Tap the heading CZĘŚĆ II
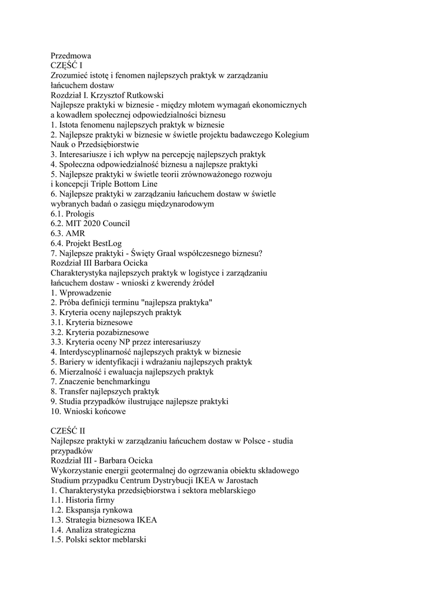pyautogui.click(x=68, y=430)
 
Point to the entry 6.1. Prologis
pyautogui.click(x=72, y=214)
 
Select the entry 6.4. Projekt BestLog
pyautogui.click(x=86, y=243)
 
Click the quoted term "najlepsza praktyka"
pyautogui.click(x=172, y=303)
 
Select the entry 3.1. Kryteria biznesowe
pyautogui.click(x=91, y=323)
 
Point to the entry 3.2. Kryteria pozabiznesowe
pyautogui.click(x=99, y=332)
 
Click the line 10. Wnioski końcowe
pyautogui.click(x=88, y=412)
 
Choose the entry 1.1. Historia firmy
pyautogui.click(x=82, y=500)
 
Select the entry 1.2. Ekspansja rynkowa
pyautogui.click(x=91, y=510)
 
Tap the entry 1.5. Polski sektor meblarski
pyautogui.click(x=98, y=539)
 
